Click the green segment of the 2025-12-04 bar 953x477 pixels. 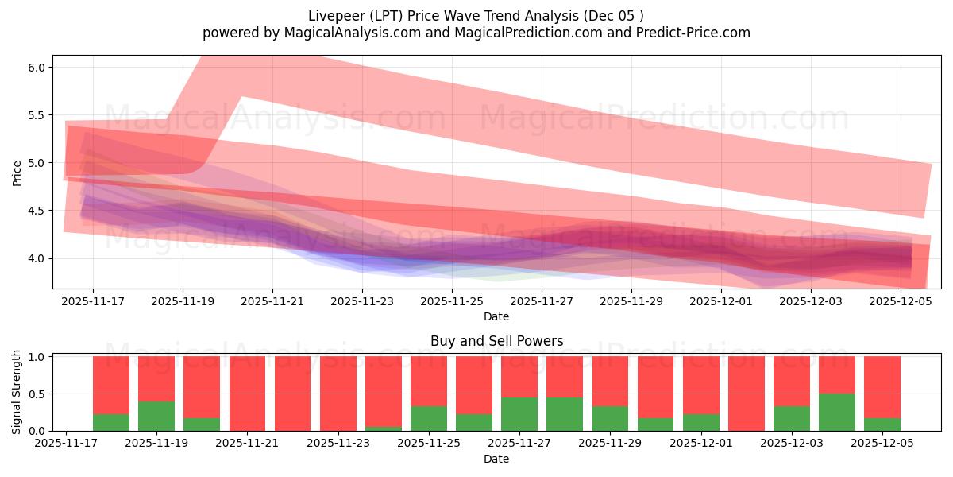click(837, 413)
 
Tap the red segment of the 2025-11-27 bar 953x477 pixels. click(519, 376)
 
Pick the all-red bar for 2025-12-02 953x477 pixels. click(747, 394)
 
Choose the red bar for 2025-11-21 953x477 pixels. click(247, 394)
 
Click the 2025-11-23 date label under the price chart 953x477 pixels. click(362, 302)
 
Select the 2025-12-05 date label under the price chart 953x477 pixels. click(901, 302)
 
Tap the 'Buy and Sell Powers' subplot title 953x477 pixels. click(496, 341)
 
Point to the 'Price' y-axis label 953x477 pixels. click(17, 173)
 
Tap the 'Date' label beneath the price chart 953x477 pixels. click(496, 316)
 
